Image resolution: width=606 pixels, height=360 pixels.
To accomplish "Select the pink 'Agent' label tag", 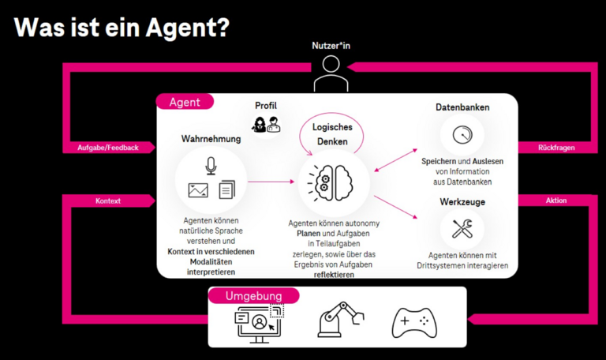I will [x=185, y=102].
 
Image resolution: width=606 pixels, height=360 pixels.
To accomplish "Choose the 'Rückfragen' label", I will [x=556, y=148].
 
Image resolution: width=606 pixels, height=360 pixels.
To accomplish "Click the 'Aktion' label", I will [x=556, y=201].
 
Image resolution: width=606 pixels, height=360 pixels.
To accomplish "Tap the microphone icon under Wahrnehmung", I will [x=211, y=166].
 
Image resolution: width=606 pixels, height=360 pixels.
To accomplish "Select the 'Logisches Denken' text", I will [x=332, y=134].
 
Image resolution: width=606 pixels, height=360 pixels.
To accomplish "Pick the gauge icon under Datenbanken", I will [x=462, y=135].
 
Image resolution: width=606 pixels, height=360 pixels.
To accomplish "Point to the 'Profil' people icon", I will [x=266, y=124].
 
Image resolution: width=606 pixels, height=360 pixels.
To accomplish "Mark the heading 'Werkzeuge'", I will [x=462, y=203].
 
